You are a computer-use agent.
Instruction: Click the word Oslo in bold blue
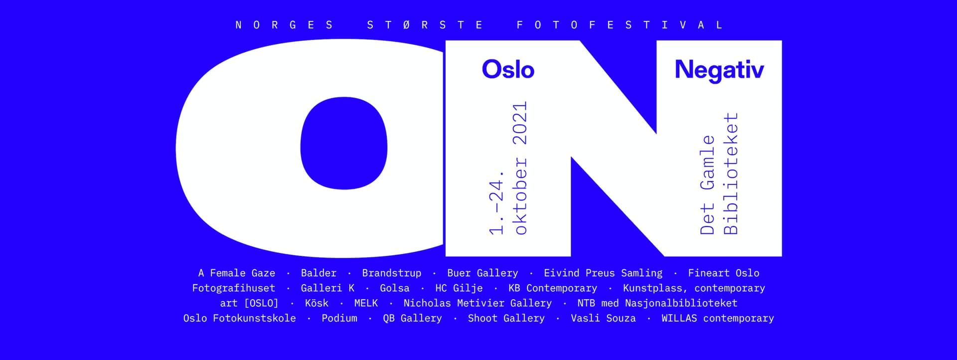pos(508,69)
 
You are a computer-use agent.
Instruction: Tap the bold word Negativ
pos(719,70)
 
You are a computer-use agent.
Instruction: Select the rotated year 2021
pos(520,123)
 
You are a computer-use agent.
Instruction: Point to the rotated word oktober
pos(520,195)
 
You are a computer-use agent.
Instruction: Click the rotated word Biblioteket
pos(730,174)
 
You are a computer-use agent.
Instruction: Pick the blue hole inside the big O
pos(344,143)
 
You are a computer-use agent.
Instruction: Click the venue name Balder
pos(319,273)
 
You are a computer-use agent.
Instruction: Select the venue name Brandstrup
pos(392,273)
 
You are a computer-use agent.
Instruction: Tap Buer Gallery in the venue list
pos(482,273)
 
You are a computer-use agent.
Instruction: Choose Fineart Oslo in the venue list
pos(724,273)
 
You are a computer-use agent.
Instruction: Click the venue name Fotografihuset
pos(234,288)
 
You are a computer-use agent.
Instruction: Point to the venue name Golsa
pos(395,288)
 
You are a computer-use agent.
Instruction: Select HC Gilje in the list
pos(459,288)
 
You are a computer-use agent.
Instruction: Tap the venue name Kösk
pos(317,303)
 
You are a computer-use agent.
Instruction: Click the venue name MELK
pos(366,303)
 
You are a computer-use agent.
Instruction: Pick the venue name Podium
pos(339,318)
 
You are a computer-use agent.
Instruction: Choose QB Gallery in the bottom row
pos(412,318)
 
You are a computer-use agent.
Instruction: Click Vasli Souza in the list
pos(603,318)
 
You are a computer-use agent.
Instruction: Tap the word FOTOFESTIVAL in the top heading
pos(620,25)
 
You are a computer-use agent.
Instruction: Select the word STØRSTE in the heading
pos(425,25)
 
